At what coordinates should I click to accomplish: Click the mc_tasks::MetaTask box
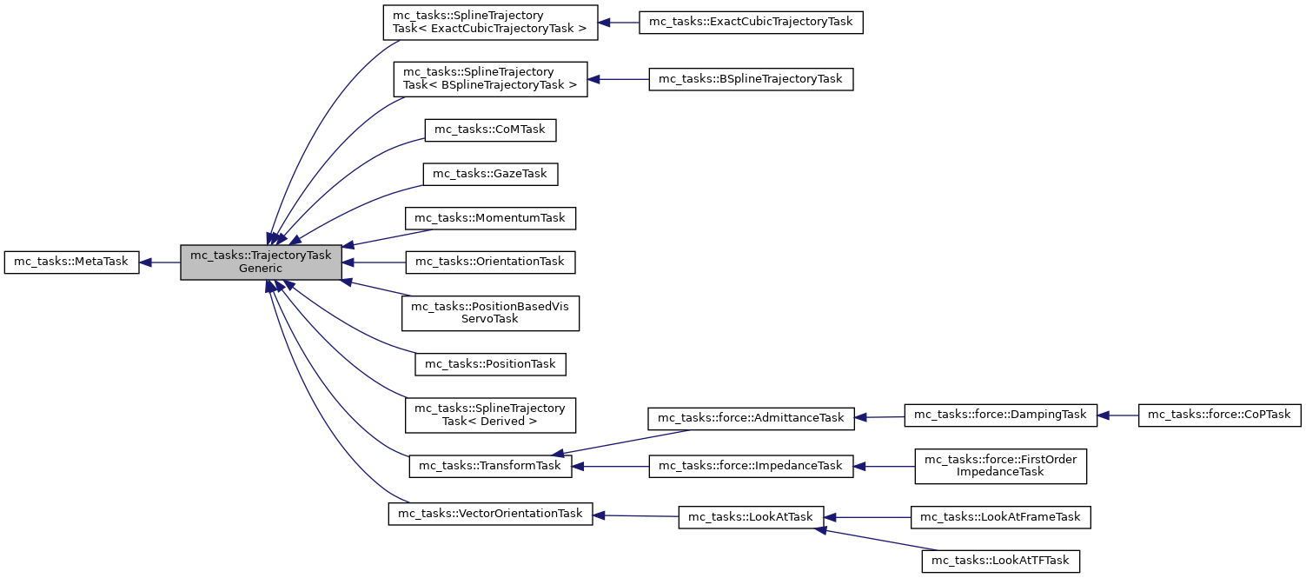(72, 262)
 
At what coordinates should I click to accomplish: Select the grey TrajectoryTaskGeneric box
(261, 262)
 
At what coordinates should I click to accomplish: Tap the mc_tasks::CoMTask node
(490, 130)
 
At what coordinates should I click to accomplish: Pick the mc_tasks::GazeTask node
(490, 174)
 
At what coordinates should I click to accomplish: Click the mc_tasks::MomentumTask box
(491, 217)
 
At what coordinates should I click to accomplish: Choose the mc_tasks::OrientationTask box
(491, 261)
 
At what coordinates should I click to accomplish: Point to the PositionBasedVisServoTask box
(490, 312)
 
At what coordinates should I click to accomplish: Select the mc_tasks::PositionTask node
(491, 363)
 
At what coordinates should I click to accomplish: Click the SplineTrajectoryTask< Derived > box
(490, 415)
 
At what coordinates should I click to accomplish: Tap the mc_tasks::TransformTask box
(490, 466)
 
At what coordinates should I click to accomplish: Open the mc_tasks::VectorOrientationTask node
(490, 514)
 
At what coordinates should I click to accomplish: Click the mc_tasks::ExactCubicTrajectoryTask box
(751, 21)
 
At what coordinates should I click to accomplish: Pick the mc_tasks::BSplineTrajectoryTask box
(751, 79)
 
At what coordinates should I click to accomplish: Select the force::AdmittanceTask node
(751, 417)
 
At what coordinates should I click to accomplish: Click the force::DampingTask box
(1001, 415)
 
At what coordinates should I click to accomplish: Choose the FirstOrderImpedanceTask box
(1001, 466)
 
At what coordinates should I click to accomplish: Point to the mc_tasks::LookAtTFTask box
(1000, 561)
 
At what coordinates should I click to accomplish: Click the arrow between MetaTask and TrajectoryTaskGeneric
(161, 262)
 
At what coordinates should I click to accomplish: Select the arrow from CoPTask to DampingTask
(1118, 415)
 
